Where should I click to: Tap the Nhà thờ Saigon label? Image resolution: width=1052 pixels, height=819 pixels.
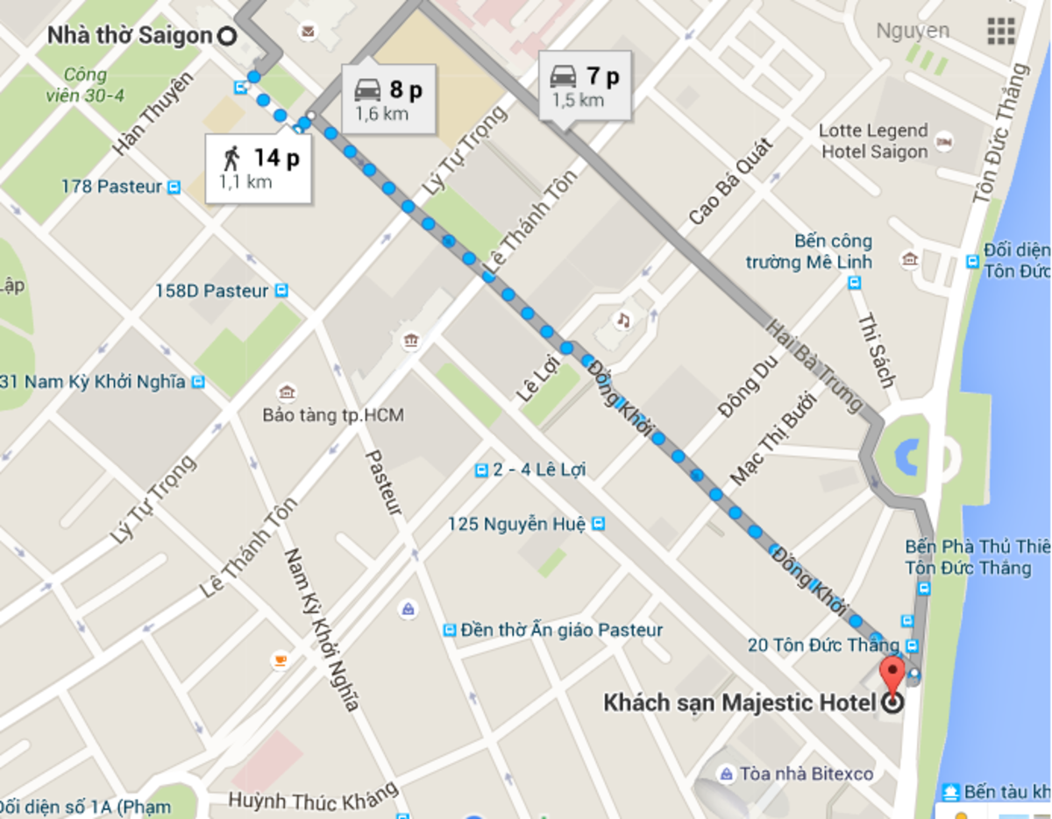point(130,36)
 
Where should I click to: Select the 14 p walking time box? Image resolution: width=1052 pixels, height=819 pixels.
point(259,168)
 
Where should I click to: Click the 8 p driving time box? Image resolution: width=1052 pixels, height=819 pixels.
point(388,98)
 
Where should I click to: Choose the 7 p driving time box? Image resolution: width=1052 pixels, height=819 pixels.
point(585,86)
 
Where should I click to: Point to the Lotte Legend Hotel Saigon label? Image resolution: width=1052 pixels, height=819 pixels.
point(873,141)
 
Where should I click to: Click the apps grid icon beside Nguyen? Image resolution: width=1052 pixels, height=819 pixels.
point(1001,31)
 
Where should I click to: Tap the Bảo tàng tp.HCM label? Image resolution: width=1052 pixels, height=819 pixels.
point(333,415)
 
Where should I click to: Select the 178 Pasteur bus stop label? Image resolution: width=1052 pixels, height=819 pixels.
point(111,187)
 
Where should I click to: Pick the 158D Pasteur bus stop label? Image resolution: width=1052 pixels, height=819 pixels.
point(211,291)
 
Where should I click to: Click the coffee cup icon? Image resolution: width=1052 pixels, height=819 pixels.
point(280,660)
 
